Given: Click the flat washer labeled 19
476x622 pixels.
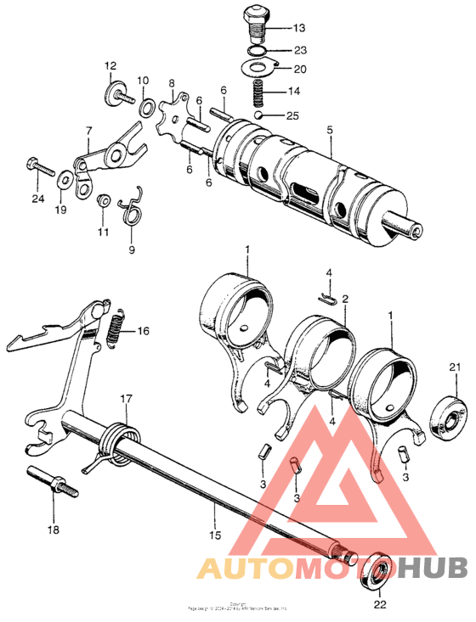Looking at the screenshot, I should pyautogui.click(x=65, y=181).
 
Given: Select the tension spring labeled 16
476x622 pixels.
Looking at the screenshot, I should pyautogui.click(x=116, y=329).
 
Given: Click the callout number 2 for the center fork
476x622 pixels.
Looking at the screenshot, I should pyautogui.click(x=345, y=299).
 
